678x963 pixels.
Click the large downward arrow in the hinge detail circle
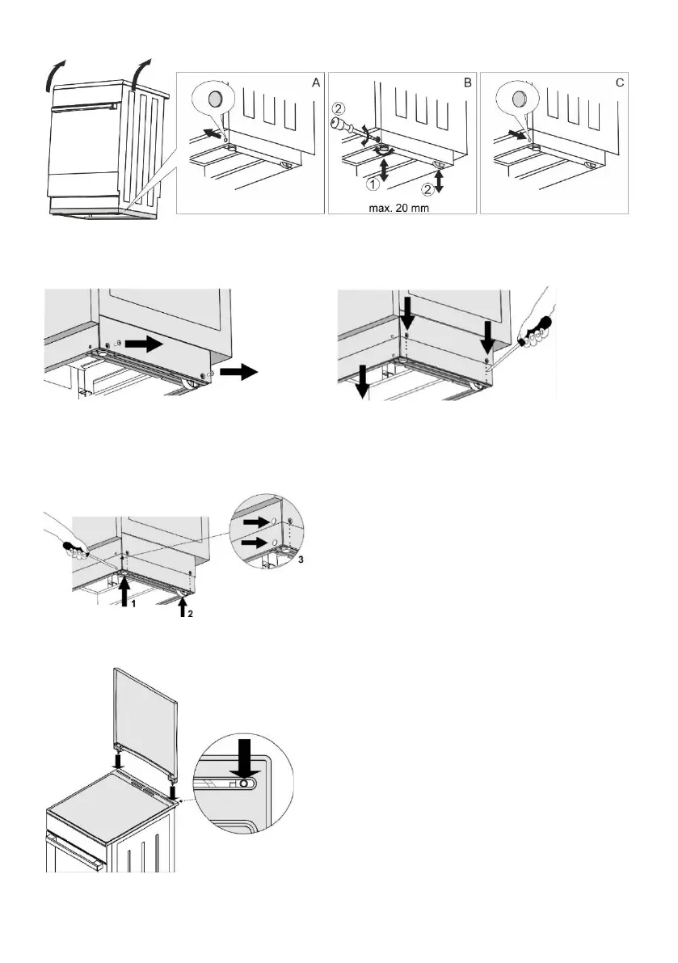[245, 757]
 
